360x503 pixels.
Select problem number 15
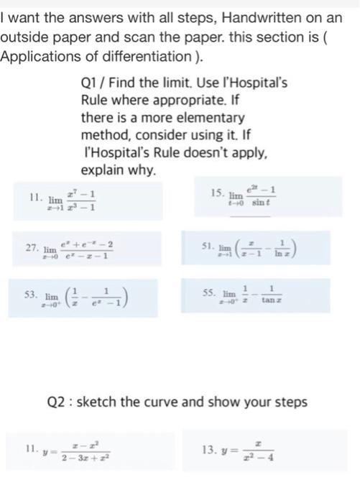pyautogui.click(x=216, y=192)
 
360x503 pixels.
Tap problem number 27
pyautogui.click(x=32, y=246)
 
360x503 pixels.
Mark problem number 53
pyautogui.click(x=32, y=295)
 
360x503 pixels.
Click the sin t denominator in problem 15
pyautogui.click(x=259, y=203)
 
